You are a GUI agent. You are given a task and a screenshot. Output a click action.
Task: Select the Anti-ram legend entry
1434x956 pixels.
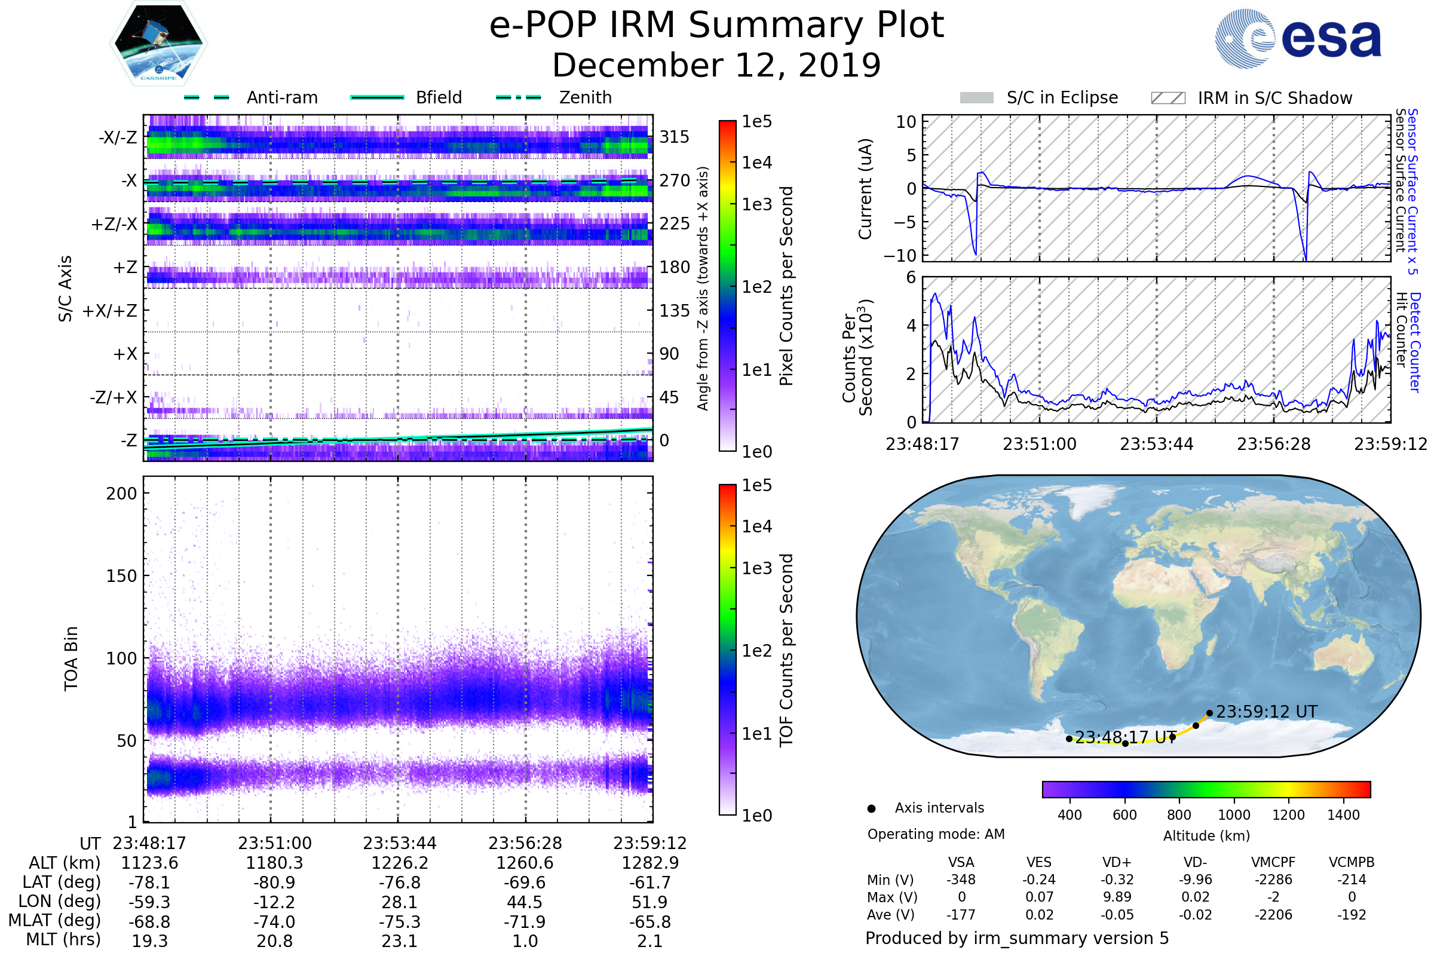click(x=251, y=97)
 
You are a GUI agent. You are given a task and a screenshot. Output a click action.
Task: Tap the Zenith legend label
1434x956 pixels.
click(x=585, y=97)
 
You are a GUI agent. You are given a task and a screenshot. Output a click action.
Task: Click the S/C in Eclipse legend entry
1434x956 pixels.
click(x=1039, y=98)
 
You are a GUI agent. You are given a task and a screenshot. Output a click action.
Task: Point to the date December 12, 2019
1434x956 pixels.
click(x=716, y=65)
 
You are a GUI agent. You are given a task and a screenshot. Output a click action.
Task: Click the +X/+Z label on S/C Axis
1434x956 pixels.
click(x=110, y=311)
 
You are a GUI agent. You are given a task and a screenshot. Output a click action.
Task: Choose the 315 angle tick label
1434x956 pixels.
click(x=675, y=137)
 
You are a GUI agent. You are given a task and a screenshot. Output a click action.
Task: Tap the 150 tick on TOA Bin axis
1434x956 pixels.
click(x=121, y=576)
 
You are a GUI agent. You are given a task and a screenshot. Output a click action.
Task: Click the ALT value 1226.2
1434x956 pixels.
click(x=399, y=863)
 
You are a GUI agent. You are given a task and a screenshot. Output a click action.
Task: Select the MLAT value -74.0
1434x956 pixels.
click(x=274, y=922)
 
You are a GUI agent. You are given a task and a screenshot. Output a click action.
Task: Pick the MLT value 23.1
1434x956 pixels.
click(x=399, y=940)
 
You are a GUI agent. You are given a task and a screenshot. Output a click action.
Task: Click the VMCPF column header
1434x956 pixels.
click(x=1273, y=862)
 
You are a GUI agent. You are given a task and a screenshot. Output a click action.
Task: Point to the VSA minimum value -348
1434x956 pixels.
click(x=961, y=880)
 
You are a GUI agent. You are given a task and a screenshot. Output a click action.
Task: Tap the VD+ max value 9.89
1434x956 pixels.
click(x=1117, y=897)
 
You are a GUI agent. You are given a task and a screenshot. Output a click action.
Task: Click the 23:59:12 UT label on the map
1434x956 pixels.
click(x=1266, y=712)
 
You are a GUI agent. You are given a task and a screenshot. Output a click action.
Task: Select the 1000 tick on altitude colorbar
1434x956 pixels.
click(x=1233, y=815)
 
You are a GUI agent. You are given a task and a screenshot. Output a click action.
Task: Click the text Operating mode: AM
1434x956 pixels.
click(x=936, y=834)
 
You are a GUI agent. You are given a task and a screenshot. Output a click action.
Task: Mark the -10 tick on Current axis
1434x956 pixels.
click(x=900, y=256)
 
